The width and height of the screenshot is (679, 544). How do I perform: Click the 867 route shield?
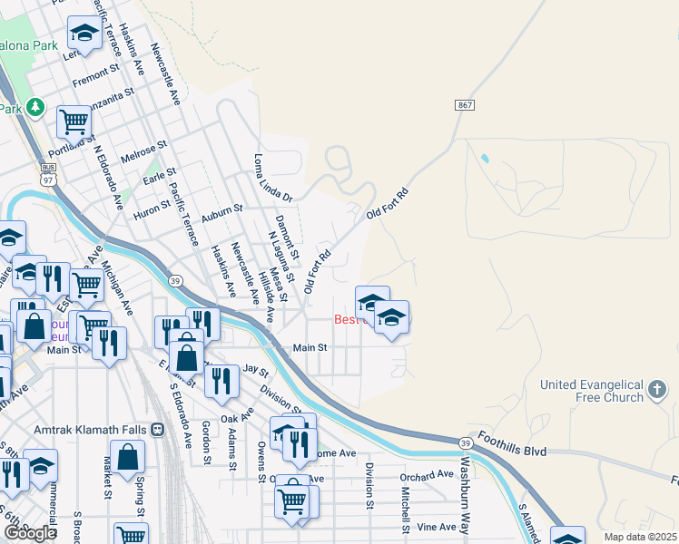click(465, 106)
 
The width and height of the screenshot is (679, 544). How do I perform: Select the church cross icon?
click(658, 391)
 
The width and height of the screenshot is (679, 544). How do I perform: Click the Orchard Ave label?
click(426, 474)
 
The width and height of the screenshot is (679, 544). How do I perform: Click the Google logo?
click(30, 533)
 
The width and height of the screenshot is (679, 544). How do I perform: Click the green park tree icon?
click(35, 107)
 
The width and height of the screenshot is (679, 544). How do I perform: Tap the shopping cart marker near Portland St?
click(73, 121)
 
